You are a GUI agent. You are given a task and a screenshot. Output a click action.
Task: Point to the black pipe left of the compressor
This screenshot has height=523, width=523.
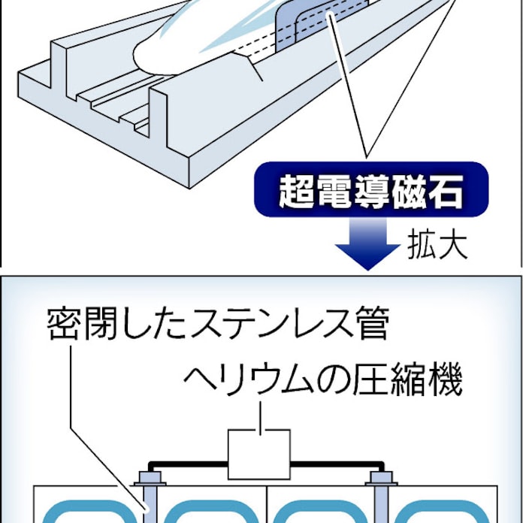pyautogui.click(x=188, y=464)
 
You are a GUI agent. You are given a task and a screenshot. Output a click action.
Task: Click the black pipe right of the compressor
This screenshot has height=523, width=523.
pyautogui.click(x=331, y=464)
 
